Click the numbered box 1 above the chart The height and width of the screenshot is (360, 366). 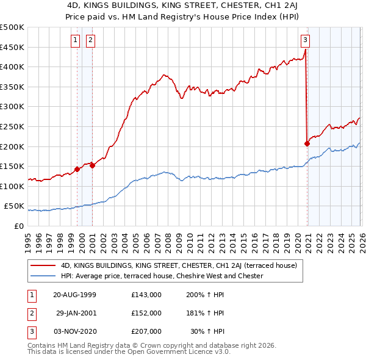pyautogui.click(x=75, y=41)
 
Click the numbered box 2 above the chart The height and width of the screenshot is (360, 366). pyautogui.click(x=90, y=41)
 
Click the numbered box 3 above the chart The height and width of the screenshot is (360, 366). pyautogui.click(x=305, y=41)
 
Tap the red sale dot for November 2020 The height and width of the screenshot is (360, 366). pyautogui.click(x=307, y=144)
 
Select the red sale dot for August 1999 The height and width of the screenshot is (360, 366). pyautogui.click(x=77, y=169)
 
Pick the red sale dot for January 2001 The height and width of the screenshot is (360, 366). pyautogui.click(x=93, y=165)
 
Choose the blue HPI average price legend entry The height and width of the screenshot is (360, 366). pyautogui.click(x=162, y=276)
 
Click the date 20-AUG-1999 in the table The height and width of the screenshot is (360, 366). pyautogui.click(x=74, y=295)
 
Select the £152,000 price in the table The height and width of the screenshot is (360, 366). pyautogui.click(x=146, y=313)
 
